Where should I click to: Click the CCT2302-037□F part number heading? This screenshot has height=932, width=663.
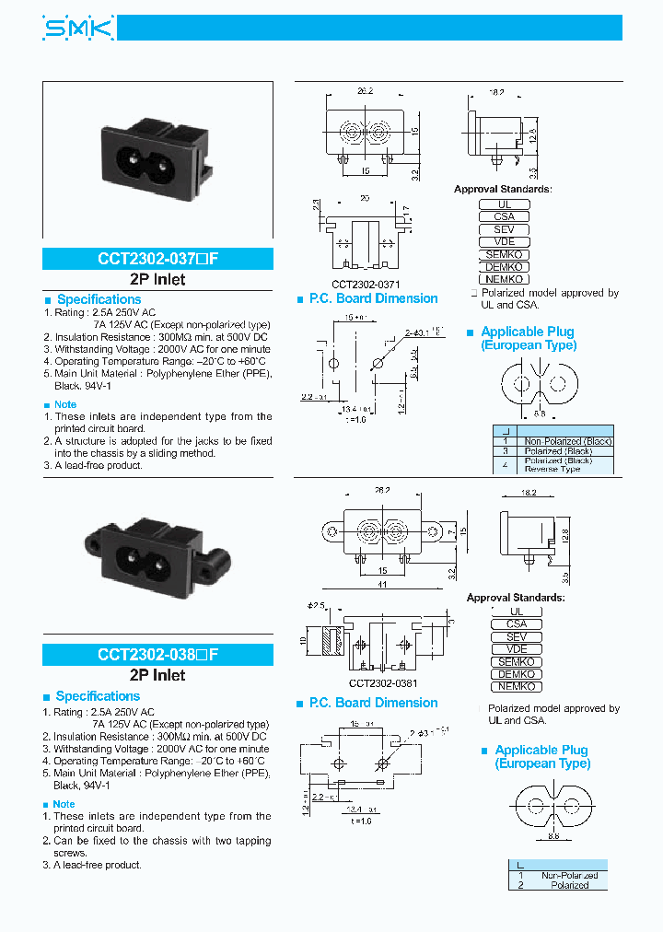(157, 260)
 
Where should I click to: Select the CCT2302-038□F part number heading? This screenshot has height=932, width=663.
(157, 656)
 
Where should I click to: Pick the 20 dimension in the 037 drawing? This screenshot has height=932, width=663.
(365, 199)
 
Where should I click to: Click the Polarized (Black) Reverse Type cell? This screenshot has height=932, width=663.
(565, 464)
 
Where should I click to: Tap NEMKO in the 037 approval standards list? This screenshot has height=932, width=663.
(504, 279)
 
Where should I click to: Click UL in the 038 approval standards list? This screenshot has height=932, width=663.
(516, 612)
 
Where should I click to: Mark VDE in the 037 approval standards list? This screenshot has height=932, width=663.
(504, 241)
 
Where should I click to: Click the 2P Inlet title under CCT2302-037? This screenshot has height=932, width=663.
(157, 280)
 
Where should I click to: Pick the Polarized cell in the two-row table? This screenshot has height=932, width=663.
(569, 885)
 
